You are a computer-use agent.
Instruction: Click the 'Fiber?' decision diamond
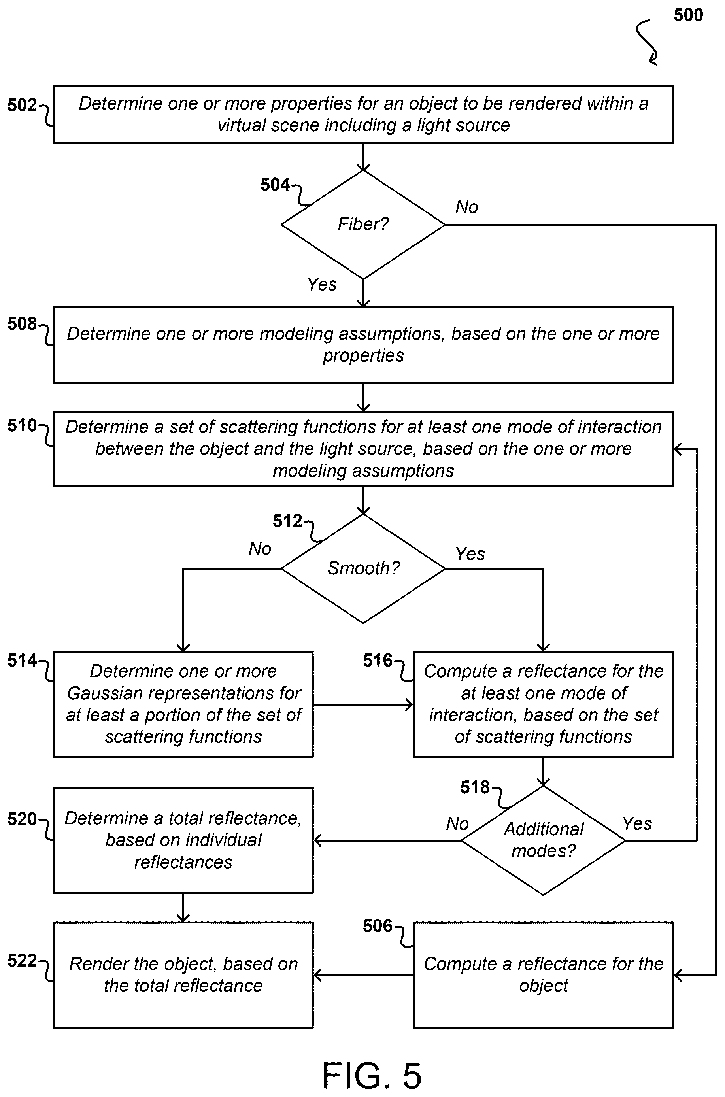pos(363,225)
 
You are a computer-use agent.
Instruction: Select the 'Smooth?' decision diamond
pos(363,568)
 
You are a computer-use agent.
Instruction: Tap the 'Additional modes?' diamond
pos(543,840)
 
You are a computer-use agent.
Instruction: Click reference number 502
pos(22,106)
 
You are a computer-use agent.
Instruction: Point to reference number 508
pos(22,324)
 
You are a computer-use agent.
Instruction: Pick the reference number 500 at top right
pos(688,15)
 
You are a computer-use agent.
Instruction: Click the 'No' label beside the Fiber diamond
pos(466,207)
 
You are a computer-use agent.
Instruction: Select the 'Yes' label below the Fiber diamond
pos(322,284)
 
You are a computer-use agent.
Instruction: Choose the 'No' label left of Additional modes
pos(457,823)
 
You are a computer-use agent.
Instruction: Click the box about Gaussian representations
pos(183,704)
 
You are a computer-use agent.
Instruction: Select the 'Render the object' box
pos(183,975)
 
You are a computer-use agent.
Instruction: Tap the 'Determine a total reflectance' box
pos(183,840)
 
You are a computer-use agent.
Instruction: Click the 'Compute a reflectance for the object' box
pos(543,975)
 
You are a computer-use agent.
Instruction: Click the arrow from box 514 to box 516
pos(363,704)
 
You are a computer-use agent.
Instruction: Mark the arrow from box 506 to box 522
pos(363,975)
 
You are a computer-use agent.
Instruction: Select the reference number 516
pos(377,660)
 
